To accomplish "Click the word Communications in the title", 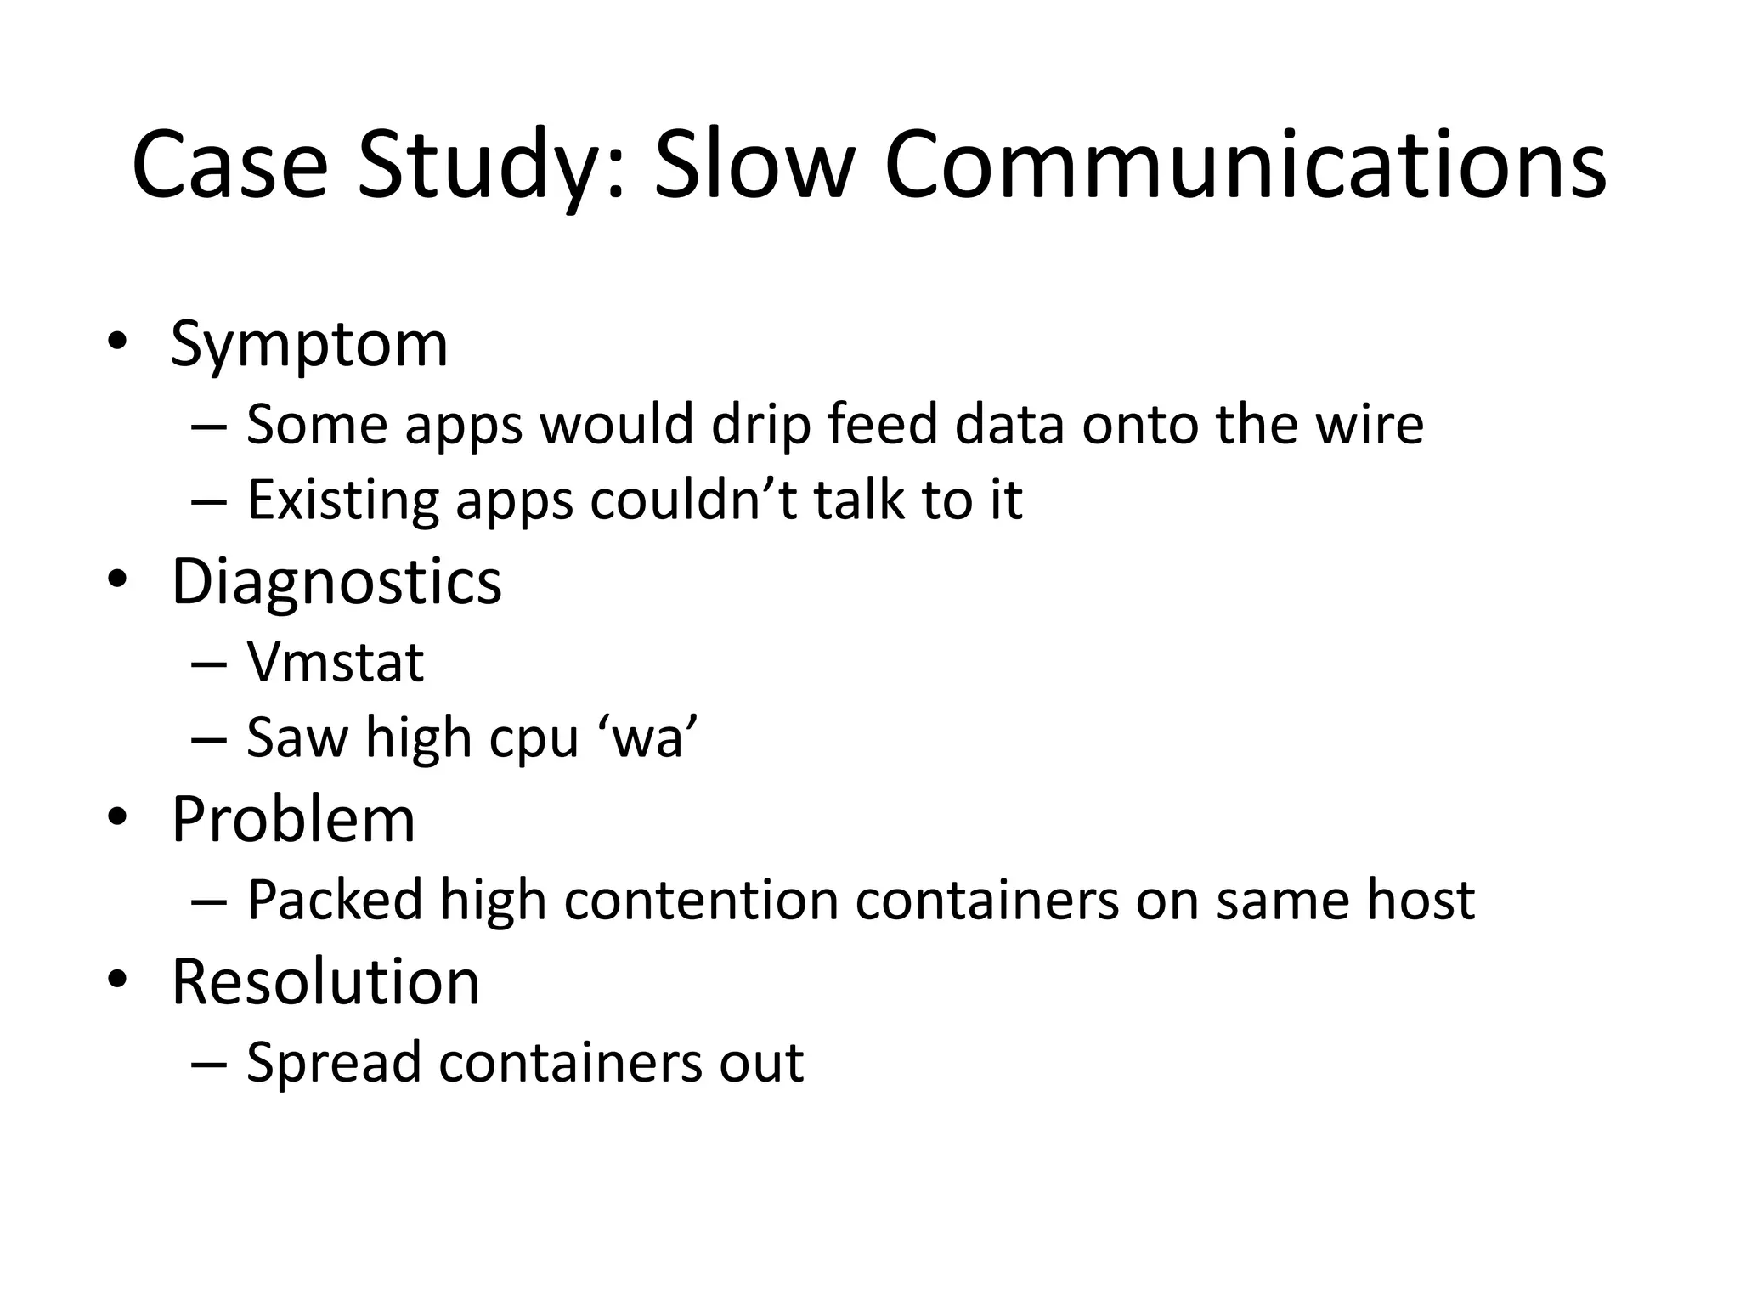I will pyautogui.click(x=1245, y=164).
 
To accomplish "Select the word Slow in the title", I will pyautogui.click(x=753, y=164).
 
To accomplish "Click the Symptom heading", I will pyautogui.click(x=309, y=345).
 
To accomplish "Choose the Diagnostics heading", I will pyautogui.click(x=336, y=582).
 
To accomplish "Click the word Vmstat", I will pyautogui.click(x=335, y=662).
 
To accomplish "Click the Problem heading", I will pyautogui.click(x=293, y=820).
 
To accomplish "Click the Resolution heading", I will pyautogui.click(x=325, y=982).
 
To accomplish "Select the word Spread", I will pyautogui.click(x=334, y=1063).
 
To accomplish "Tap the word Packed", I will pyautogui.click(x=335, y=900).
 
